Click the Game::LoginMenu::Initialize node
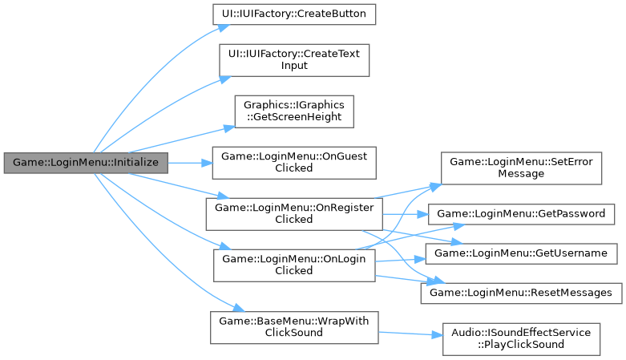point(86,162)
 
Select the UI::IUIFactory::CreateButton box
point(293,14)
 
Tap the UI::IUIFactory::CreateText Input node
point(293,59)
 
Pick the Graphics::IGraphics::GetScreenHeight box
point(293,111)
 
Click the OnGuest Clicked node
point(293,162)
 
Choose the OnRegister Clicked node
point(293,212)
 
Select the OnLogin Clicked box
point(293,264)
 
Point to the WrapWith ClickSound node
point(293,326)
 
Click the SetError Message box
point(521,168)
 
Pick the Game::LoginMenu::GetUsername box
point(521,253)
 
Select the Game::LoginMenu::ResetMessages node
point(521,293)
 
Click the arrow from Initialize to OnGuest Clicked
point(189,162)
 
